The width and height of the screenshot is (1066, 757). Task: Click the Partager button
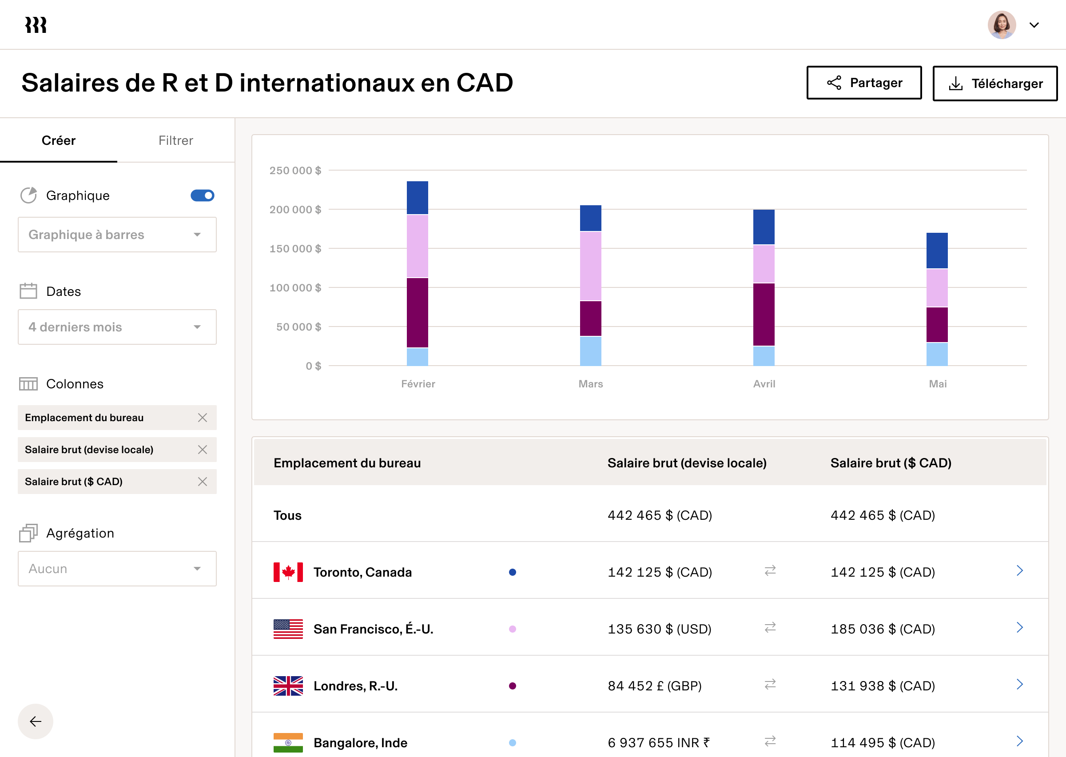(x=863, y=83)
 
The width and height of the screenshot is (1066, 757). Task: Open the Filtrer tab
(x=175, y=140)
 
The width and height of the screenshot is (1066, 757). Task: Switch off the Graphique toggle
(x=202, y=195)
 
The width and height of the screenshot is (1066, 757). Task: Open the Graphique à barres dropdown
(x=117, y=235)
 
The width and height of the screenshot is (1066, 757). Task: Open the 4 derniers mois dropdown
(x=117, y=327)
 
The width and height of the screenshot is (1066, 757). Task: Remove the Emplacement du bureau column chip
(x=202, y=418)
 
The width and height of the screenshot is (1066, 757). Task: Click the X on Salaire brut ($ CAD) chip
(x=202, y=482)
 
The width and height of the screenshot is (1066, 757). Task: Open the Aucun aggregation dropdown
(x=117, y=569)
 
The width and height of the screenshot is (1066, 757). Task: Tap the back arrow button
(x=36, y=721)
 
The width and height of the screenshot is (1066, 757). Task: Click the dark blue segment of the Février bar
(x=418, y=198)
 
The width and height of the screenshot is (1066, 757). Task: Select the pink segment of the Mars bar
(x=590, y=266)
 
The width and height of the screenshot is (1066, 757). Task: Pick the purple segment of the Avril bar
(x=764, y=314)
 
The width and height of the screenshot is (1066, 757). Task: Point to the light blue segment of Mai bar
(x=937, y=354)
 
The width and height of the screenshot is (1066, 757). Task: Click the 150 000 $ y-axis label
(x=295, y=248)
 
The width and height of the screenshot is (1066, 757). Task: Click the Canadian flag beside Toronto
(x=288, y=572)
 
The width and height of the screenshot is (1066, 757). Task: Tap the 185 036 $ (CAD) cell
(x=883, y=629)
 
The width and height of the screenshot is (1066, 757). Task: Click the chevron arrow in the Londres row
(x=1019, y=684)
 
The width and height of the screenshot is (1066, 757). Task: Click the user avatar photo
(x=1002, y=25)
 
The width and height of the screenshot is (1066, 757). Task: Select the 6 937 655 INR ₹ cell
(x=659, y=742)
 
